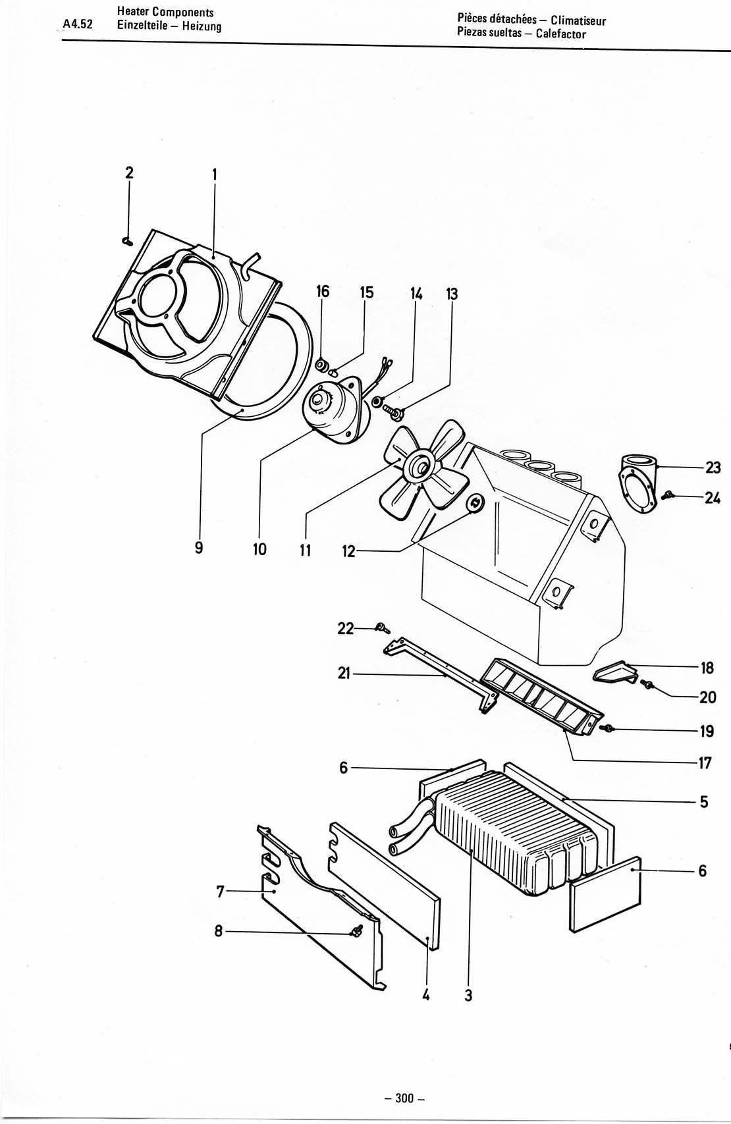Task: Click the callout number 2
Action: tap(130, 173)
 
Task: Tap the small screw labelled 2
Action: tap(127, 242)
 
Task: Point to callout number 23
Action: tap(713, 467)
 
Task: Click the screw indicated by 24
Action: tap(668, 495)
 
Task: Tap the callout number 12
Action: tap(348, 551)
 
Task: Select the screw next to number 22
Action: tap(383, 628)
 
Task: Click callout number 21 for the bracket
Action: tap(344, 673)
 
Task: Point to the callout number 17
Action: tap(705, 763)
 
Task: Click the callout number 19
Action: tap(707, 731)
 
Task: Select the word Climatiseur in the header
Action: tap(578, 20)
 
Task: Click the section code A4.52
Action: tap(78, 24)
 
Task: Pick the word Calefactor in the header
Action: tap(560, 34)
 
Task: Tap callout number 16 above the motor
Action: tap(323, 291)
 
